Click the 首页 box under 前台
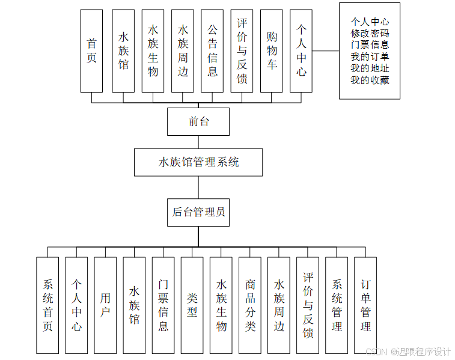(92, 50)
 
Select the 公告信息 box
(212, 50)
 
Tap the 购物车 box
(272, 50)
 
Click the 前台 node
(198, 121)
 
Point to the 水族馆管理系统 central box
(198, 162)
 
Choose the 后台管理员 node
(198, 212)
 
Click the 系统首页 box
(47, 305)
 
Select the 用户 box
(105, 305)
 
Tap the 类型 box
(192, 305)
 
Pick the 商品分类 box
(250, 305)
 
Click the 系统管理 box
(337, 305)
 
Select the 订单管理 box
(365, 305)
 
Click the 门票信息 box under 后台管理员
(163, 305)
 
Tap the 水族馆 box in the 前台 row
(123, 50)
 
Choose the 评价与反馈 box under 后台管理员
(308, 305)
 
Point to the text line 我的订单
(370, 56)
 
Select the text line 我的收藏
(370, 79)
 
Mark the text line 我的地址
(370, 68)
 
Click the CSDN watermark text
(375, 352)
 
